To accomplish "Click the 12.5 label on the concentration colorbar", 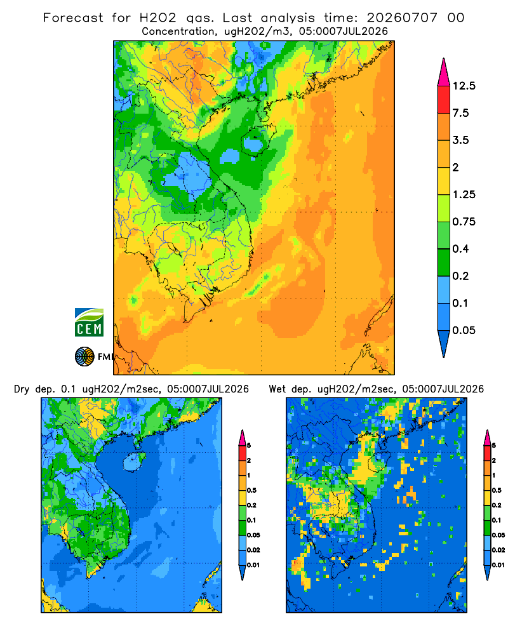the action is point(464,86).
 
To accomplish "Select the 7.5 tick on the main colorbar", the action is point(460,113).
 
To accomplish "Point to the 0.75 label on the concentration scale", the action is point(464,222).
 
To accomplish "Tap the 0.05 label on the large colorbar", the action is point(464,330).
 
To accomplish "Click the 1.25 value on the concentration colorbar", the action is point(464,194).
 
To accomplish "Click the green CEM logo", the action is point(89,322).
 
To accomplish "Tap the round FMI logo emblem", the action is point(84,356).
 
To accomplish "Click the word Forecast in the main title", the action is point(73,18).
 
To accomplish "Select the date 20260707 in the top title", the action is point(402,18).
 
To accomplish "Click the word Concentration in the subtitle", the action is point(178,32).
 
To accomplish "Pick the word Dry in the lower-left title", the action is point(22,389).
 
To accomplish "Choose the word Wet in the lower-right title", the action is point(277,389).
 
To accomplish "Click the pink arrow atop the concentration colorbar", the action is point(444,72).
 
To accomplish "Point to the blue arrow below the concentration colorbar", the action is point(444,344).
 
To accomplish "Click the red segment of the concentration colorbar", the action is point(444,100).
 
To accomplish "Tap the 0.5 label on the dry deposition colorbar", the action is point(251,490).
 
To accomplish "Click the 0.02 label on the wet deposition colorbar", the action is point(498,550).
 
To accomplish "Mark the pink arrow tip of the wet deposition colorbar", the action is point(487,431).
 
